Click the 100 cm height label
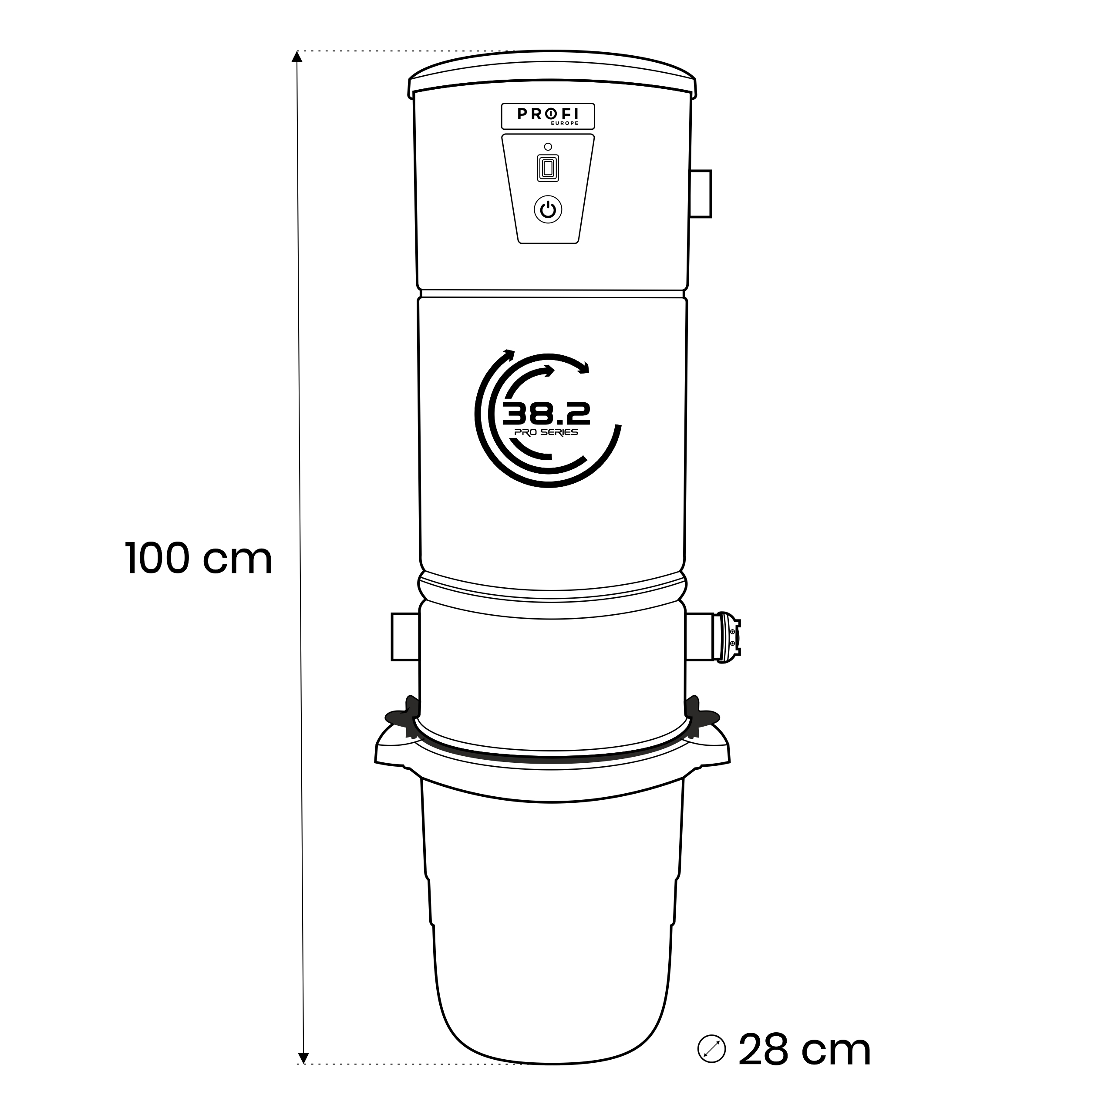point(199,559)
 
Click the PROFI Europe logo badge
point(548,116)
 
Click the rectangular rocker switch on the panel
point(548,168)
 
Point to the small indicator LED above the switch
point(548,147)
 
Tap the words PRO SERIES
point(546,433)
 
